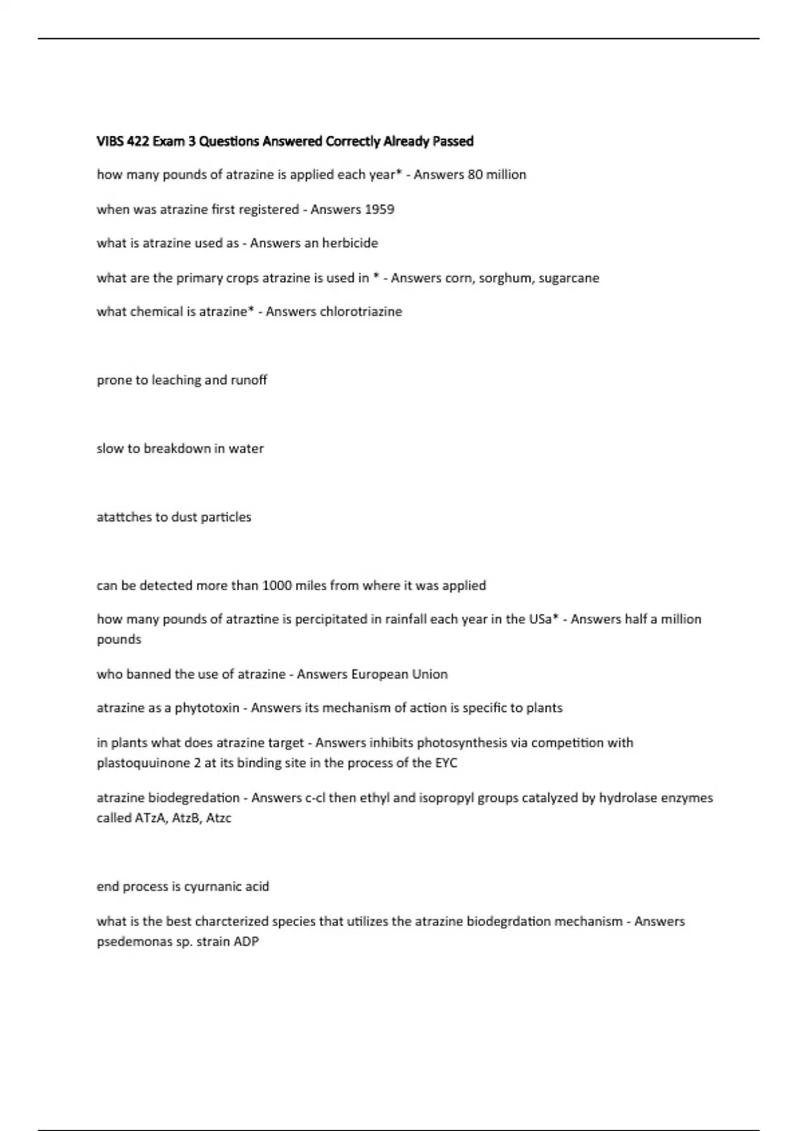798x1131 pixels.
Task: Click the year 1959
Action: (x=380, y=210)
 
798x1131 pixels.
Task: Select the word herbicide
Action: (x=350, y=243)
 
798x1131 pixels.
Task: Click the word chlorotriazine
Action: (x=361, y=312)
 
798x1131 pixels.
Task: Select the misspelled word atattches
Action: (x=124, y=517)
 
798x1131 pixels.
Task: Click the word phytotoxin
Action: (x=207, y=708)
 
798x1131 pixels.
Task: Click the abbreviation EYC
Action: (x=446, y=763)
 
